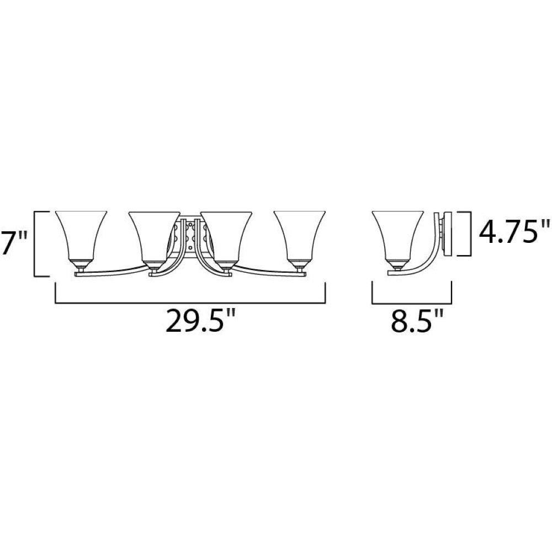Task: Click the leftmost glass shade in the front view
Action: [x=81, y=235]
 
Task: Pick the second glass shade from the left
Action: [x=154, y=235]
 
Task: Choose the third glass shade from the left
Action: [x=226, y=235]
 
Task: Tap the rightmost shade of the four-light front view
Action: [x=300, y=235]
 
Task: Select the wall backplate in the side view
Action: [x=448, y=234]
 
